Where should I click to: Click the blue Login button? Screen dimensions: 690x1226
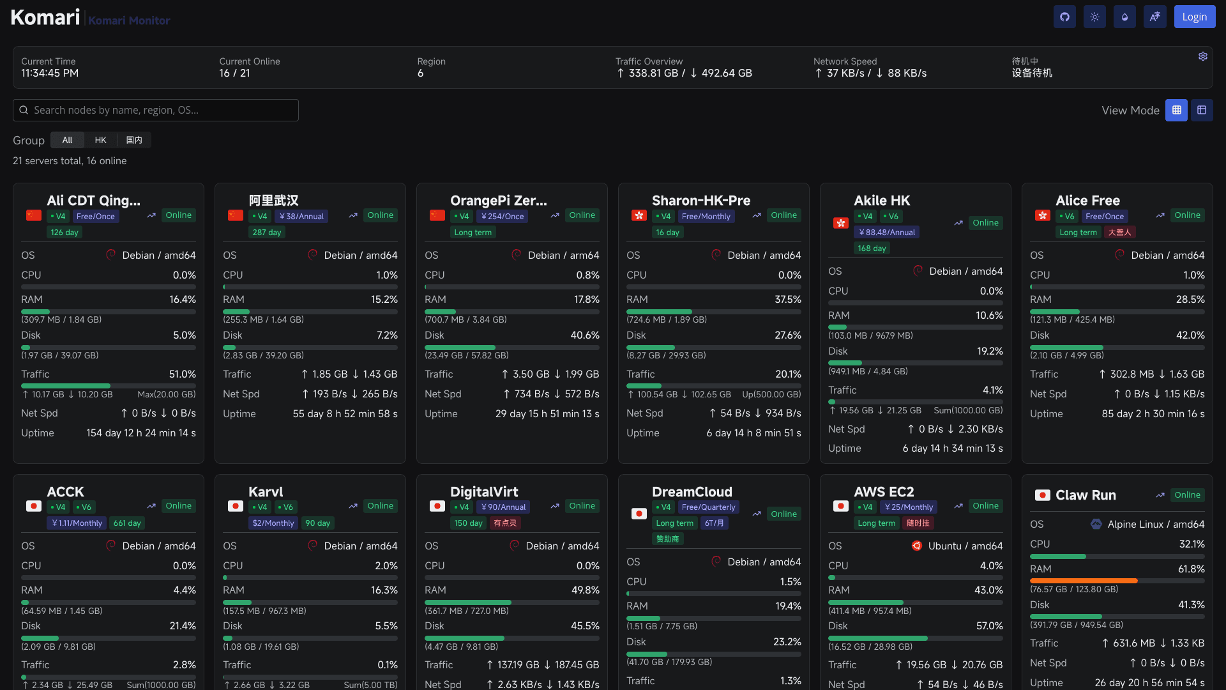click(x=1194, y=17)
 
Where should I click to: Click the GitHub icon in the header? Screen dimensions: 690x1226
click(x=1064, y=17)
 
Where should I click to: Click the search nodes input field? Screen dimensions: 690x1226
click(x=156, y=110)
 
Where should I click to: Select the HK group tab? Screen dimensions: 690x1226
click(x=100, y=140)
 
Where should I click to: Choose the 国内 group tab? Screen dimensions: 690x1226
click(x=134, y=140)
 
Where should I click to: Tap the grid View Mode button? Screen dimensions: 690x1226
click(x=1176, y=110)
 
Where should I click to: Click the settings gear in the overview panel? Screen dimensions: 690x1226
click(x=1202, y=56)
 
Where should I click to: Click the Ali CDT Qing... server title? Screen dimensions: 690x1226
click(x=93, y=200)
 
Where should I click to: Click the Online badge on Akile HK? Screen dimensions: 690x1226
click(x=985, y=223)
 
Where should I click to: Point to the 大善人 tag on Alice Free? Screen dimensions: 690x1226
click(x=1119, y=233)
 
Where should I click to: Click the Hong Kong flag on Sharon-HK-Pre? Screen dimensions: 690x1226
click(x=639, y=215)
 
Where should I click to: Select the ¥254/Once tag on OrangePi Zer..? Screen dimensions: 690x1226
click(x=503, y=217)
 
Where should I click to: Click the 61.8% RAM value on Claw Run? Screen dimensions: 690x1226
click(x=1191, y=569)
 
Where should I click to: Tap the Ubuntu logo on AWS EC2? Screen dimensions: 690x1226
click(x=916, y=546)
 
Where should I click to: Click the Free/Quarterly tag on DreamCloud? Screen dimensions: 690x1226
click(x=708, y=507)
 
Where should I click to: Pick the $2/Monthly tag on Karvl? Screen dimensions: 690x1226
click(x=273, y=523)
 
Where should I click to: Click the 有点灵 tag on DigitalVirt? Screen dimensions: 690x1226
click(x=504, y=523)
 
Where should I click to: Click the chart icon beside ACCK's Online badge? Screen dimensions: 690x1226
click(x=151, y=506)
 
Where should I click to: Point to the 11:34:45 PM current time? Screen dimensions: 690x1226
click(x=50, y=73)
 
